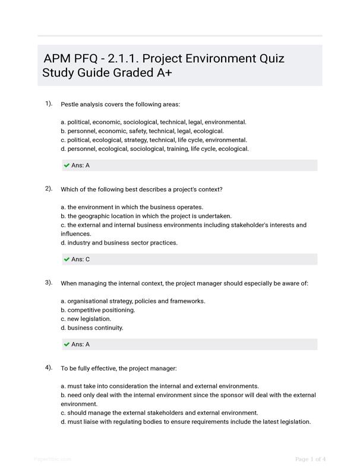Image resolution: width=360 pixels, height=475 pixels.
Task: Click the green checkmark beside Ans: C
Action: pyautogui.click(x=67, y=259)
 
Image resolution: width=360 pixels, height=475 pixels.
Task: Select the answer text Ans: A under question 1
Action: pyautogui.click(x=80, y=166)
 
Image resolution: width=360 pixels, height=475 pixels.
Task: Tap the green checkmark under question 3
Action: pyautogui.click(x=67, y=344)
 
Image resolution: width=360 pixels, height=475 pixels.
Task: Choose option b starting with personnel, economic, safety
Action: pyautogui.click(x=142, y=131)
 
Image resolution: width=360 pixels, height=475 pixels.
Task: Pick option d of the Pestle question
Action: pyautogui.click(x=154, y=149)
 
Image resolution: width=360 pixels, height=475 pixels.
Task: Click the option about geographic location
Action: pyautogui.click(x=146, y=216)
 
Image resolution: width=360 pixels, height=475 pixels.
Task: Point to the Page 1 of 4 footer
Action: pyautogui.click(x=310, y=459)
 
